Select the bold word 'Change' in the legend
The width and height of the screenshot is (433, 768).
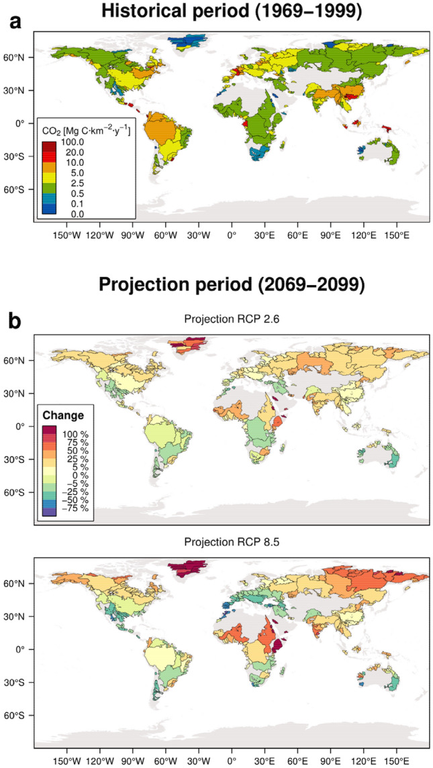pos(61,416)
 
